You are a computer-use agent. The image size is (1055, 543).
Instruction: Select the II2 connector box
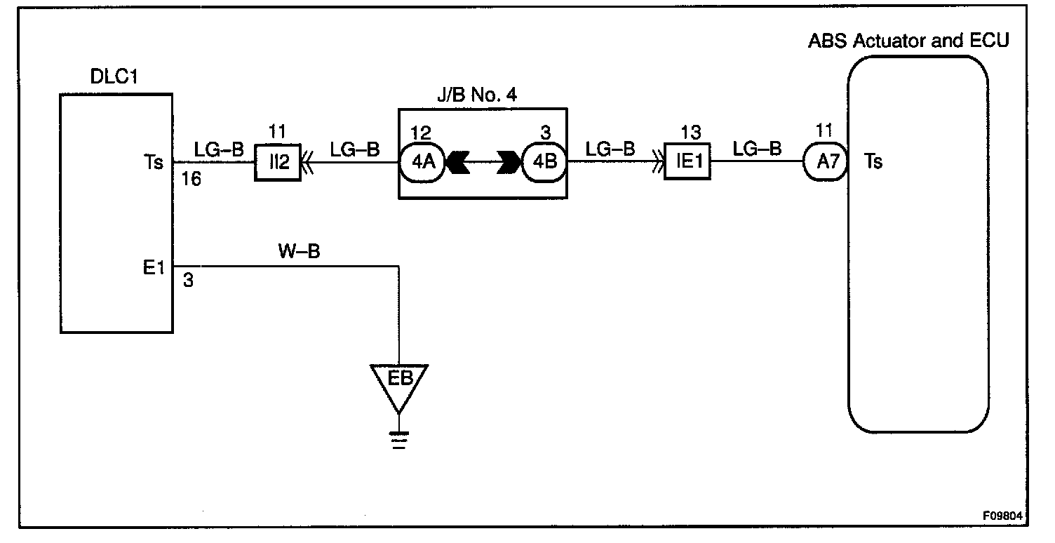coord(273,162)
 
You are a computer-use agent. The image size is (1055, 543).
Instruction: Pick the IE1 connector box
coord(687,162)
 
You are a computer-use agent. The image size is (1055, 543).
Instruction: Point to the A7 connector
coord(826,162)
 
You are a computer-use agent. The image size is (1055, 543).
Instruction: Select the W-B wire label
coord(300,252)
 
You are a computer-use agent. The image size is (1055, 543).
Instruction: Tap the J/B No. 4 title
coord(478,95)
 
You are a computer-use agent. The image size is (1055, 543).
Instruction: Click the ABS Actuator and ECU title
coord(908,40)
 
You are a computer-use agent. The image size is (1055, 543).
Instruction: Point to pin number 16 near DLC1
coord(190,180)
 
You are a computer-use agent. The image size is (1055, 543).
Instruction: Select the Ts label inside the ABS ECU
coord(873,162)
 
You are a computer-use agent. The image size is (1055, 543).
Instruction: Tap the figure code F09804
coord(1002,516)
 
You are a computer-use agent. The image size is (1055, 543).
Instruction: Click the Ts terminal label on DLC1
coord(156,162)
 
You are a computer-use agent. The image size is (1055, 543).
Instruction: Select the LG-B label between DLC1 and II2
coord(219,149)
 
